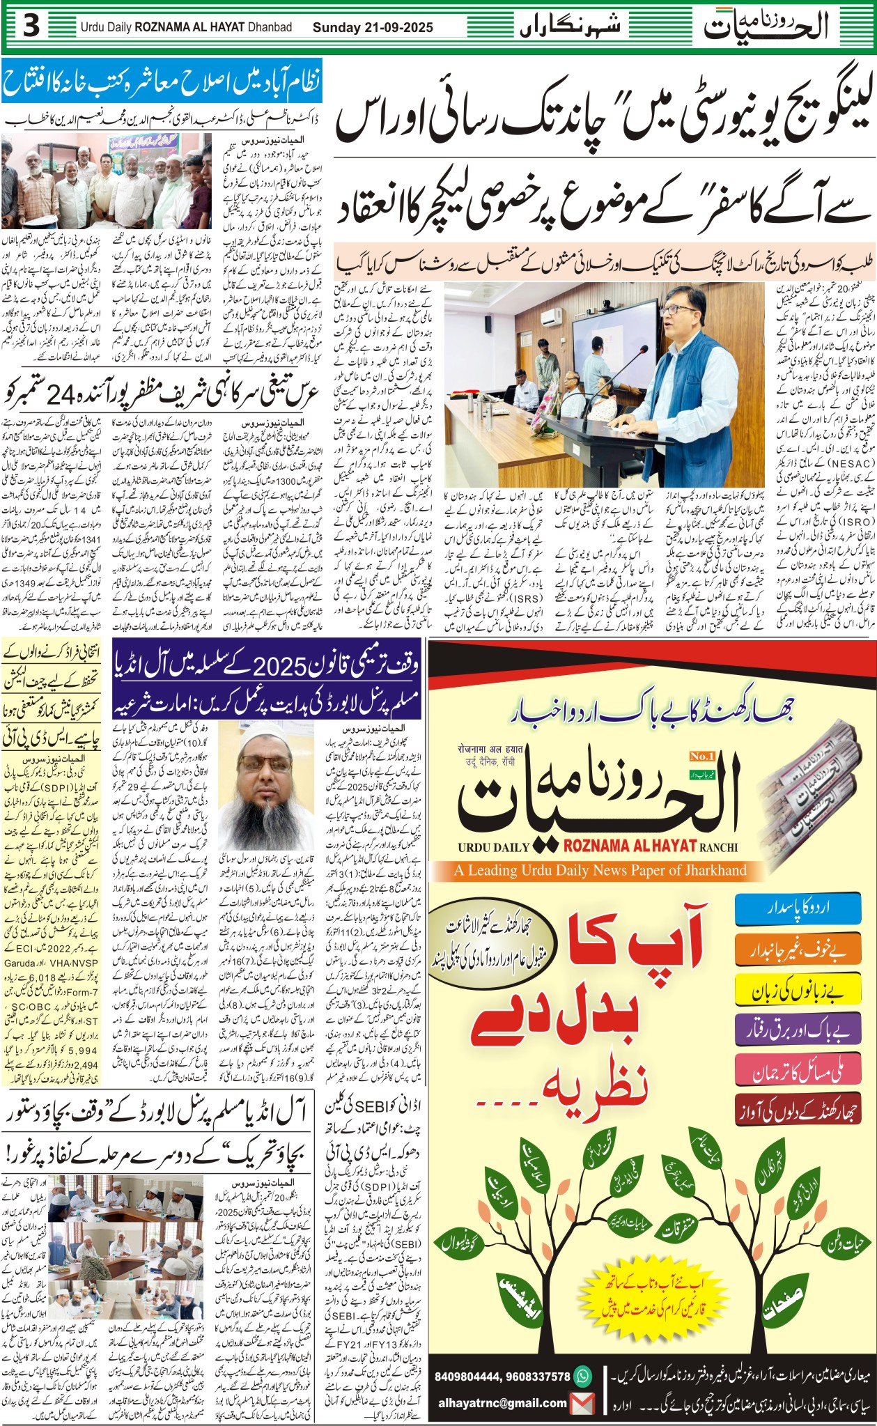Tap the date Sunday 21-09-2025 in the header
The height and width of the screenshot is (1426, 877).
[x=373, y=28]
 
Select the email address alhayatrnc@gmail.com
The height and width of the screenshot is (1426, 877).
[x=502, y=1403]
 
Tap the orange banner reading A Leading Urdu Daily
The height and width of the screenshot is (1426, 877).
[x=600, y=870]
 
